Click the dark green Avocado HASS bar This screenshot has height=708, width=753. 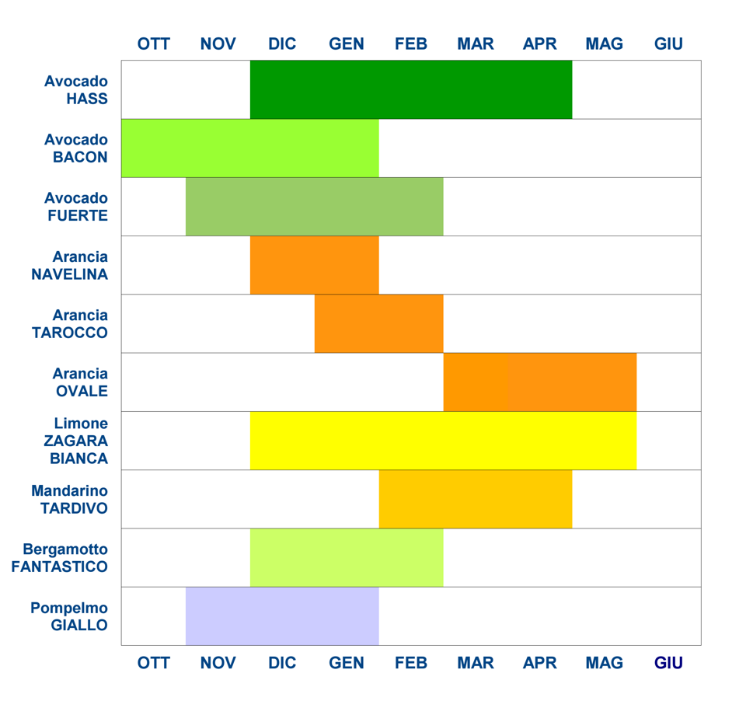coord(410,89)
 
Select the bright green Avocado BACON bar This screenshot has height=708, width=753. coord(249,148)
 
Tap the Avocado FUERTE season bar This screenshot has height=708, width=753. coord(314,206)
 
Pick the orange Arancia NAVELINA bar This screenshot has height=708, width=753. coord(314,265)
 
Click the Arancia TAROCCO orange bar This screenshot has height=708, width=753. coord(378,323)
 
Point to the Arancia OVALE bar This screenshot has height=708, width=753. coord(539,382)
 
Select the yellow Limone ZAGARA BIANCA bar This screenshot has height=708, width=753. coord(443,441)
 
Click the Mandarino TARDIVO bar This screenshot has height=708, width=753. coord(475,499)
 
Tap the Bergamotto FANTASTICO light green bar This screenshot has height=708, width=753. coord(346,557)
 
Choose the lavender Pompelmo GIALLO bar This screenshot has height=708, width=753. coord(281,616)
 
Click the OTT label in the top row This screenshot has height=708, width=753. coord(153,44)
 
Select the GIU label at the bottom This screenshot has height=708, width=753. coord(668,663)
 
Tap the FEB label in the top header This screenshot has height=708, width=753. coord(411,44)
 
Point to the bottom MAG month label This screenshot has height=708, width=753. coord(604,663)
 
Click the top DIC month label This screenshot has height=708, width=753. coord(282,44)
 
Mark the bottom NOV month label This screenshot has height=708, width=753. coord(218,663)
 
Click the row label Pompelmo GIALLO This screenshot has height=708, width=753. coord(69,616)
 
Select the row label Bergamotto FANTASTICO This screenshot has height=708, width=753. coord(60,557)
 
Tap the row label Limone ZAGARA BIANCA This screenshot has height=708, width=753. coord(78,441)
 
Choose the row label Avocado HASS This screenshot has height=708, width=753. coord(76,90)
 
